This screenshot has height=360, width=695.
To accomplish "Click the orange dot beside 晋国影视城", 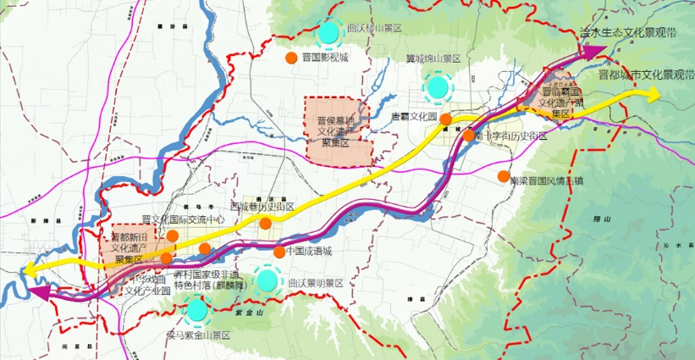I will (x=290, y=58).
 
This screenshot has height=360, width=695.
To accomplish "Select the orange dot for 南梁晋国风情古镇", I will (x=504, y=177).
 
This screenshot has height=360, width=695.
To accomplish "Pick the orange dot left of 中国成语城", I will (x=279, y=252).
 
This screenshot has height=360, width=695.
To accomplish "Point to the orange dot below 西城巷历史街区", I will (x=265, y=224).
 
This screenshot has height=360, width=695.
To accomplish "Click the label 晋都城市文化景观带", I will (x=644, y=75).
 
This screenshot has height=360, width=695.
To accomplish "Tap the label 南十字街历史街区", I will (x=510, y=136).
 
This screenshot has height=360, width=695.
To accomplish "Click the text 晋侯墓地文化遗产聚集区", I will (x=339, y=132).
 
